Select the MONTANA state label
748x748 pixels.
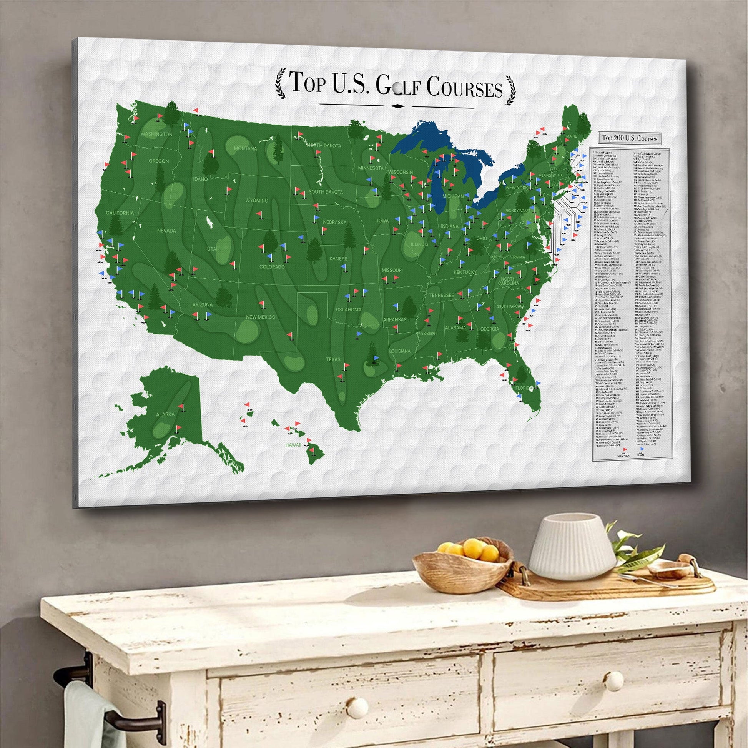tap(245, 149)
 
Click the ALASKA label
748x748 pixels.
tap(165, 414)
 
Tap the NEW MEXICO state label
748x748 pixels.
tap(261, 317)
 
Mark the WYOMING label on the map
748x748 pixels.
tap(256, 200)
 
